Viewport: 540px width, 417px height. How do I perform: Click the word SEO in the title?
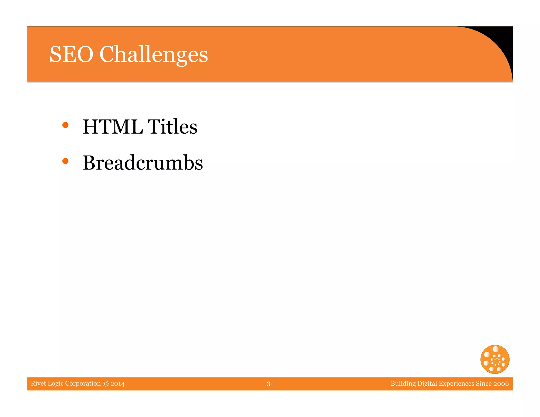coord(71,54)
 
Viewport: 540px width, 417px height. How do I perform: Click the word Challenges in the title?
coord(153,55)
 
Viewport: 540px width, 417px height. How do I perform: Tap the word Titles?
coord(172,127)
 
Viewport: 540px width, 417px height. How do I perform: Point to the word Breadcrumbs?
coord(143,163)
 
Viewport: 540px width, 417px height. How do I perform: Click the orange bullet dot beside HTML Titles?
coord(65,125)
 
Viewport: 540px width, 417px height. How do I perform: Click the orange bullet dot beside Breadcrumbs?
coord(65,161)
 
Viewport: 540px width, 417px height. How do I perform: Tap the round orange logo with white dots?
coord(495,359)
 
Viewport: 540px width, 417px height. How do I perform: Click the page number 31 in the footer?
coord(270,384)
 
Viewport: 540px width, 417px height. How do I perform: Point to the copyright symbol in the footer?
coord(105,384)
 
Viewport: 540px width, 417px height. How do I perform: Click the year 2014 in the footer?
coord(118,384)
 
